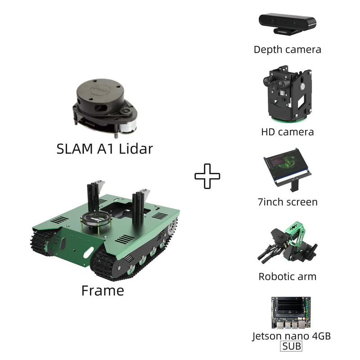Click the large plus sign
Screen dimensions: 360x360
coord(207,176)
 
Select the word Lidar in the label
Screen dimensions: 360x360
coord(136,149)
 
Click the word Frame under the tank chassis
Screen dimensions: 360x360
coord(103,291)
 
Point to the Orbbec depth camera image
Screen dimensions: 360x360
coord(288,24)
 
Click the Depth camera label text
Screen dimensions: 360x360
coord(288,49)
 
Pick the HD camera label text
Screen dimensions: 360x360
coord(288,132)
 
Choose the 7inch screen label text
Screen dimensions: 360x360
coord(288,202)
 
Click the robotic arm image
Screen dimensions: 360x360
coord(288,243)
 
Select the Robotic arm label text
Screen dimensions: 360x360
coord(288,276)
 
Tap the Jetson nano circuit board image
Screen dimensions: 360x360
coord(291,312)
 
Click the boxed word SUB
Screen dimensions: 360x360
coord(291,346)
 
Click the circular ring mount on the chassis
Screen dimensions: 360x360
coord(96,218)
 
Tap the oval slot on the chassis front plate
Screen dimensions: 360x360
coord(88,252)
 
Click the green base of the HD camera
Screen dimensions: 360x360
coord(289,119)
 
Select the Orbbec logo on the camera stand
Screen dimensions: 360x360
coord(282,32)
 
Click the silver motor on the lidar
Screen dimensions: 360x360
coord(128,127)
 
